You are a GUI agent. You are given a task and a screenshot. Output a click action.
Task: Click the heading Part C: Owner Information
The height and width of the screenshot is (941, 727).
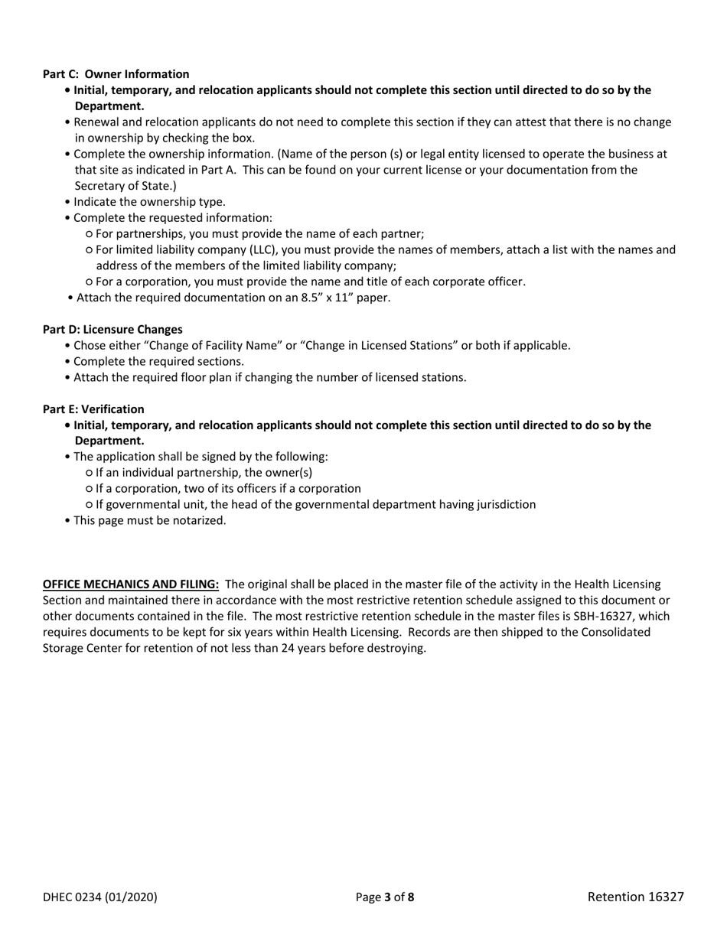(x=116, y=74)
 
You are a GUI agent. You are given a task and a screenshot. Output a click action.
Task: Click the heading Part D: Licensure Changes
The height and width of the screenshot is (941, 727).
(x=112, y=329)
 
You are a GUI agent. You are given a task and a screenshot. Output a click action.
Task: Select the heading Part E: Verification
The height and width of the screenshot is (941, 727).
(x=93, y=409)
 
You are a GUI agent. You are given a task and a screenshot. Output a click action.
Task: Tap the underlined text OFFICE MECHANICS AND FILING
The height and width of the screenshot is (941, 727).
(x=131, y=584)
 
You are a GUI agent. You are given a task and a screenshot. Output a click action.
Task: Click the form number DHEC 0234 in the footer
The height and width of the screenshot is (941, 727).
(x=99, y=897)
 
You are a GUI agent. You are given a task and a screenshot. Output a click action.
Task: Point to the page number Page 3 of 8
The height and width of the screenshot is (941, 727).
(x=385, y=897)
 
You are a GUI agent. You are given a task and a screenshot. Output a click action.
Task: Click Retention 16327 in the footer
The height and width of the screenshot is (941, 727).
(x=635, y=897)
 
